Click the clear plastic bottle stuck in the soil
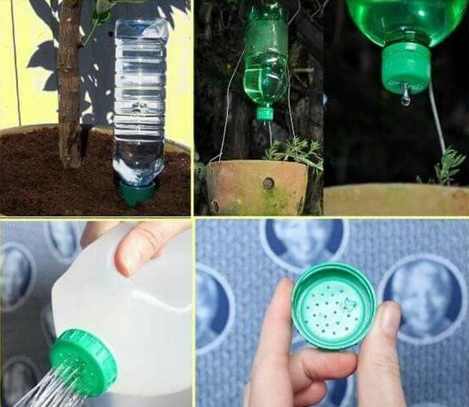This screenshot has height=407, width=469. [140, 101]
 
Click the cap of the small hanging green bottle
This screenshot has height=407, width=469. [266, 113]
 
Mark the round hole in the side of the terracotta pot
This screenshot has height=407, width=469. [268, 182]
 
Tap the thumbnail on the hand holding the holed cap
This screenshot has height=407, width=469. [390, 319]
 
